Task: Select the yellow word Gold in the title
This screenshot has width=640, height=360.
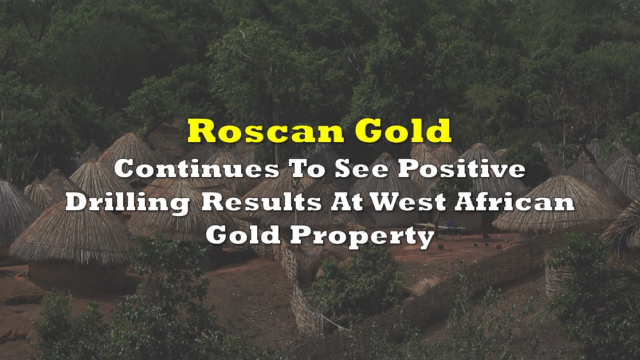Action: tap(403, 131)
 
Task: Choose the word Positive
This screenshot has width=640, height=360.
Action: tap(462, 169)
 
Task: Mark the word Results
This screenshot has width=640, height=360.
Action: tap(261, 202)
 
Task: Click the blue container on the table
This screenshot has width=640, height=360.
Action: tap(449, 225)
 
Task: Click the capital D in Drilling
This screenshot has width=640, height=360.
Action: tap(78, 202)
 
